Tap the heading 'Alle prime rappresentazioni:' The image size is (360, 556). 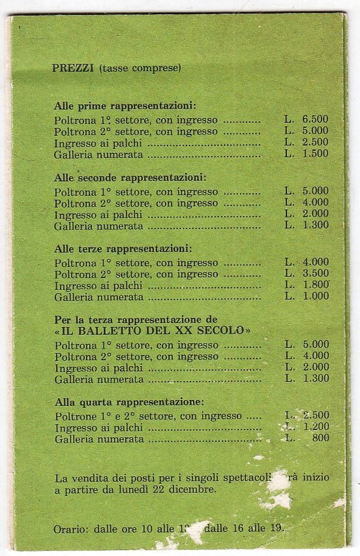pos(125,106)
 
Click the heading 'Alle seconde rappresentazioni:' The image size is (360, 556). pos(130,178)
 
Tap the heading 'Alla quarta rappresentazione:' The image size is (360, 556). pos(129,401)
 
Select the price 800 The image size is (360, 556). pos(320,438)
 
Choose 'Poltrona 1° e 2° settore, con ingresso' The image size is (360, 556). pos(148,415)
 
